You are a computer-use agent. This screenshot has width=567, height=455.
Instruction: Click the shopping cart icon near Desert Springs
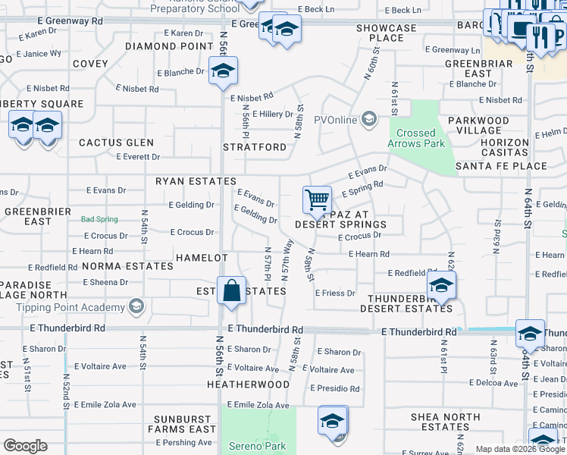click(x=318, y=200)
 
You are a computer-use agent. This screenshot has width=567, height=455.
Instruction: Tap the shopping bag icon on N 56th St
click(x=230, y=291)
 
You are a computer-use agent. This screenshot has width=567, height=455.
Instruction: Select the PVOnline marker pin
click(x=369, y=119)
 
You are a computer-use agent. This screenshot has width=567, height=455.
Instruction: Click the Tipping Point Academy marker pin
click(x=136, y=307)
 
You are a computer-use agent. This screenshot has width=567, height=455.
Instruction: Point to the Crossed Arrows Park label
click(x=421, y=138)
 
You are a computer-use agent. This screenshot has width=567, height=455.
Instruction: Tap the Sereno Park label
click(x=258, y=446)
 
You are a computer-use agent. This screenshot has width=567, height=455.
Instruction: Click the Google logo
click(x=25, y=446)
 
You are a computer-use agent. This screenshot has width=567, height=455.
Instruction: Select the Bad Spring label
click(x=100, y=219)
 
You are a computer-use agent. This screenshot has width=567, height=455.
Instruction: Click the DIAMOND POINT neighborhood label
click(x=169, y=46)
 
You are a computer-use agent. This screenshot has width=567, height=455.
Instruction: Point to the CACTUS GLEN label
click(x=116, y=143)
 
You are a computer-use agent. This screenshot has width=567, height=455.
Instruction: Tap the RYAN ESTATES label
click(x=186, y=181)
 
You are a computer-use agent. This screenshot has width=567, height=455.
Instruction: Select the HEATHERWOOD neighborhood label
click(x=248, y=384)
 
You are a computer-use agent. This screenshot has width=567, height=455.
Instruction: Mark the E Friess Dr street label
click(x=334, y=293)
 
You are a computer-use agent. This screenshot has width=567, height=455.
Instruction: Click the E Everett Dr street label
click(x=137, y=157)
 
